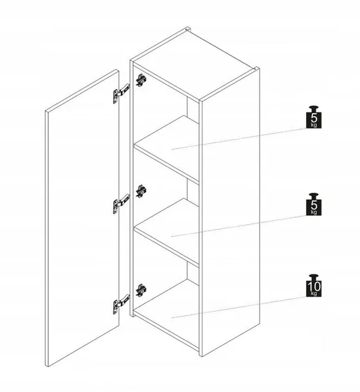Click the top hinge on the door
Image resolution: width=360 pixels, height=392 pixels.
[x=121, y=93]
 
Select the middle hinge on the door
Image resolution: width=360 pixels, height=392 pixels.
[x=121, y=204]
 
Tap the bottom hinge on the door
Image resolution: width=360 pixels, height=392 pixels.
[x=121, y=304]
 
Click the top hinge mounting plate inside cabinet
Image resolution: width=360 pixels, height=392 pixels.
[x=141, y=80]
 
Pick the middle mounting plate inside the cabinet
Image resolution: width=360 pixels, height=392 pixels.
[x=141, y=192]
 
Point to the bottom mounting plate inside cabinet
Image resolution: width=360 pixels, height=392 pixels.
[x=141, y=290]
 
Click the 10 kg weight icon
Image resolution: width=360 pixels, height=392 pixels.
[x=314, y=285]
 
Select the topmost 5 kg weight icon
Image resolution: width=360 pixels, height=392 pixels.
[x=314, y=117]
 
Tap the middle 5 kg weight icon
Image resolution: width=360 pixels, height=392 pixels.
[x=314, y=204]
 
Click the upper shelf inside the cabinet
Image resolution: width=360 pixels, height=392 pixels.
[x=166, y=148]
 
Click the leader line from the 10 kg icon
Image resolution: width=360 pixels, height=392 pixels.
[x=239, y=307]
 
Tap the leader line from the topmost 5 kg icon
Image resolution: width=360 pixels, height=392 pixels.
[x=239, y=139]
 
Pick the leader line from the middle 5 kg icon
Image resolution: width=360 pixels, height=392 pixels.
[x=239, y=226]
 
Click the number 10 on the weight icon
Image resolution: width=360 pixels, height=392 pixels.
[x=314, y=286]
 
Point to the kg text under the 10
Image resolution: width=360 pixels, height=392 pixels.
[x=314, y=293]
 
